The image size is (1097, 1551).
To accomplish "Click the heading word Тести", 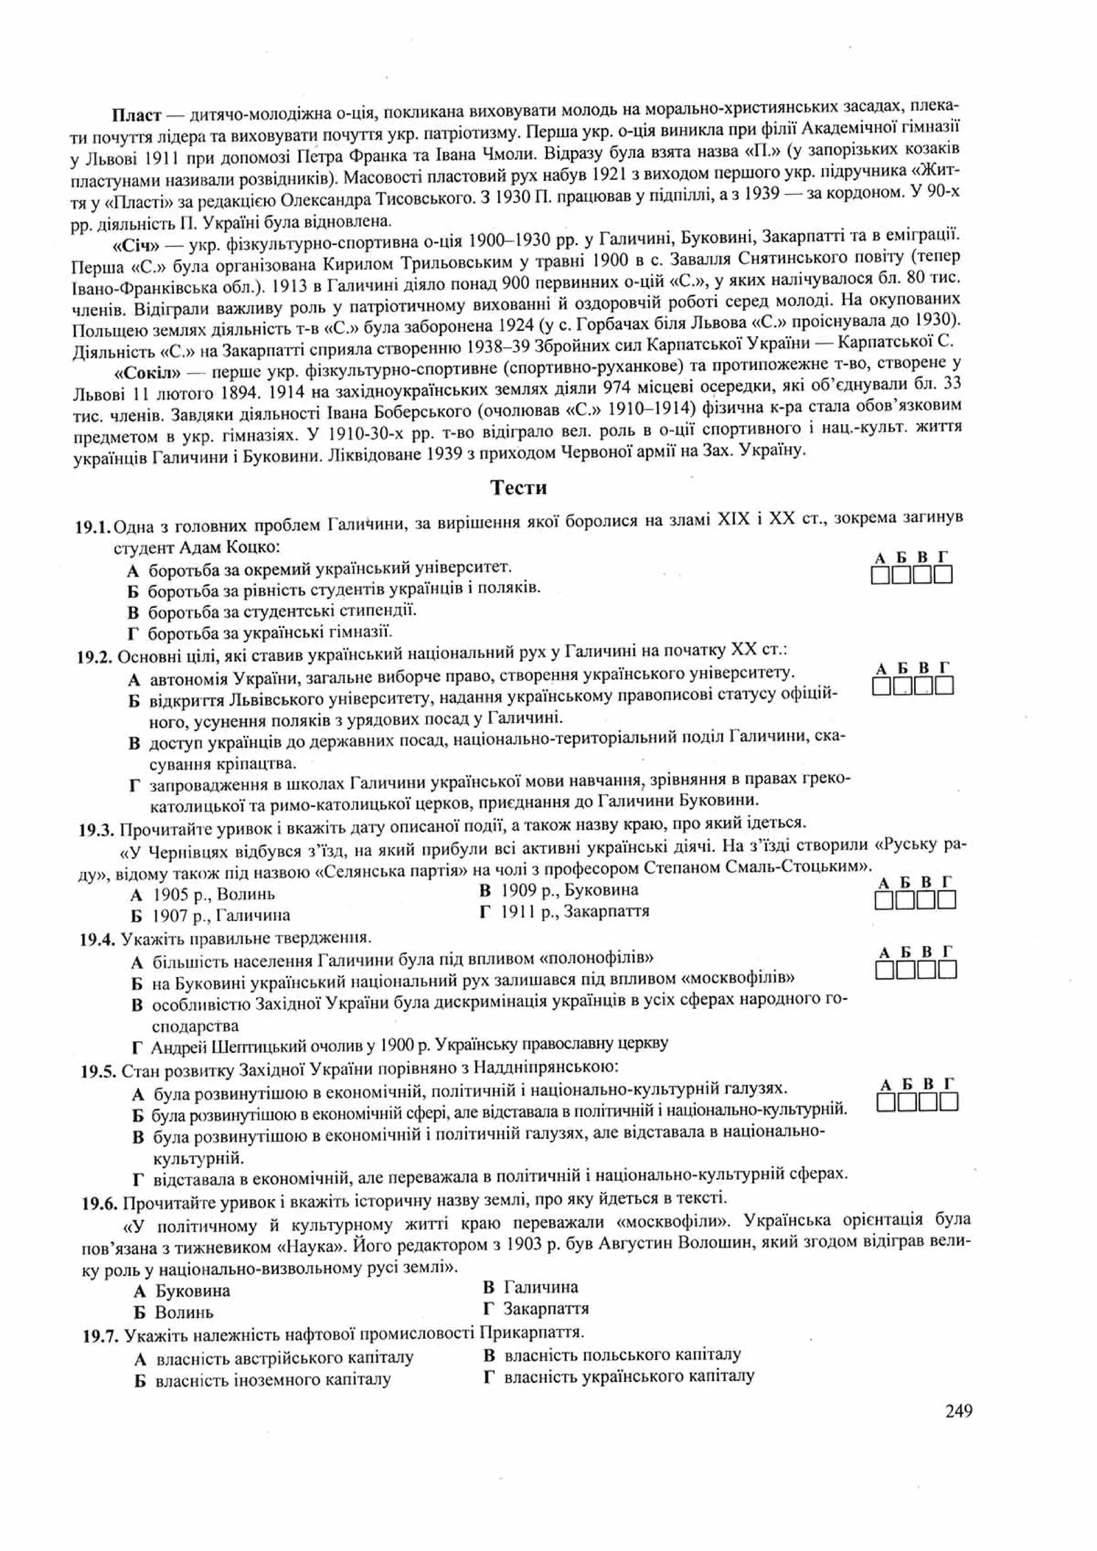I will point(518,488).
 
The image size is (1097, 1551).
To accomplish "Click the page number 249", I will point(958,1411).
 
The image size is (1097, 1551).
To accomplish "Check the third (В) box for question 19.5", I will point(928,1103).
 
